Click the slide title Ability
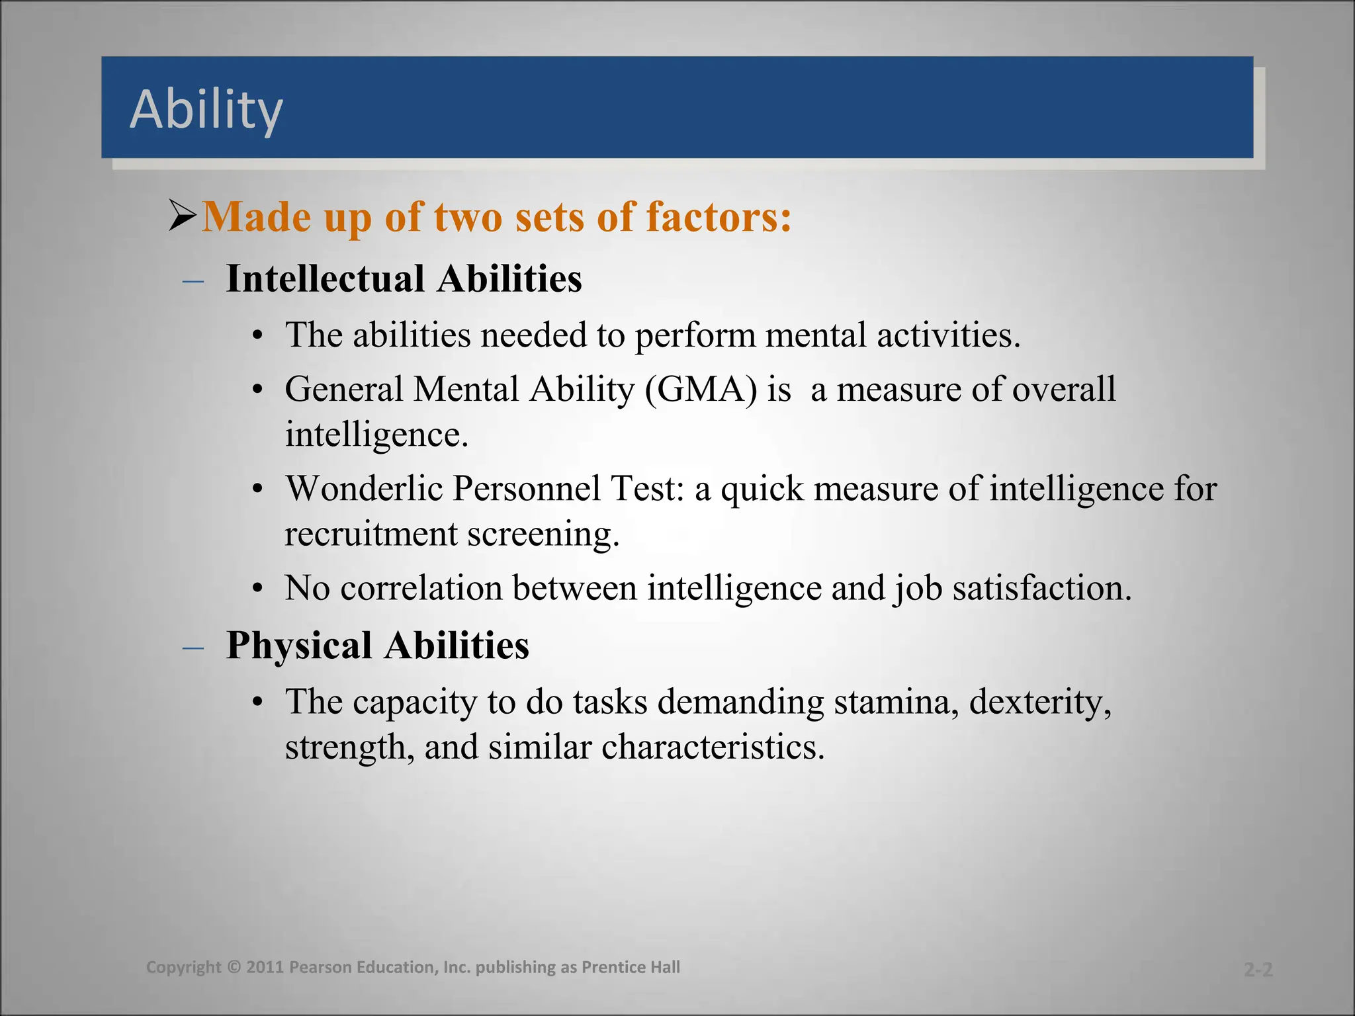tap(206, 109)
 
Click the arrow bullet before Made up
tap(183, 216)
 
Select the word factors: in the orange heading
tap(719, 217)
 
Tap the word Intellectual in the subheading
tap(324, 278)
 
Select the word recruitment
tap(371, 534)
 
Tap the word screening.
tap(543, 534)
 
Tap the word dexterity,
tap(1040, 702)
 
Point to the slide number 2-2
tap(1258, 970)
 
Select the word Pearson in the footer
tap(321, 967)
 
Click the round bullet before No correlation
tap(258, 589)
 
